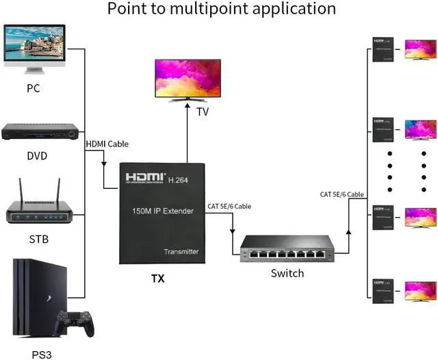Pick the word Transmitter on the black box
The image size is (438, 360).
tap(181, 252)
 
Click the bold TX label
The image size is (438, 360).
tap(157, 279)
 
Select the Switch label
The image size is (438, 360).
tap(287, 273)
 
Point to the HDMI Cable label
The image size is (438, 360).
tap(107, 144)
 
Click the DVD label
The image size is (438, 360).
tap(37, 156)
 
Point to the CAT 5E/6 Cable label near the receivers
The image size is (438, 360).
tap(342, 194)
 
